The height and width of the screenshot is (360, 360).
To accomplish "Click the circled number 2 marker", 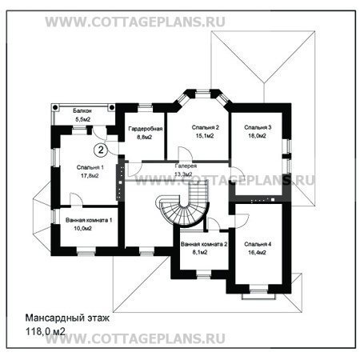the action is [x=101, y=150].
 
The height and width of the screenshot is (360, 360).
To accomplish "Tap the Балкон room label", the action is [x=82, y=110].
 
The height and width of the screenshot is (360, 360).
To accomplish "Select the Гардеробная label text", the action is [x=146, y=129].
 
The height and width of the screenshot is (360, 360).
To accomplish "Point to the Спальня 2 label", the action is [x=206, y=127].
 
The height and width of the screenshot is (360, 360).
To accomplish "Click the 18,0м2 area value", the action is [x=257, y=136].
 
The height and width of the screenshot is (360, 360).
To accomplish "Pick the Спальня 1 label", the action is [x=90, y=167].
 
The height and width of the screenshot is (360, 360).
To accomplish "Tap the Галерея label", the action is [x=186, y=166].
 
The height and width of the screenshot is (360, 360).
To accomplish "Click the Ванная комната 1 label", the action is [x=89, y=220].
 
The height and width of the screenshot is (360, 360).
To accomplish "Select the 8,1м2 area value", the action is [x=200, y=252].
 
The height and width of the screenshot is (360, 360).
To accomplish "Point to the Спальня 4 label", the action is [x=258, y=244].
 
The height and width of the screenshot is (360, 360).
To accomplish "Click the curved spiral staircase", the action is [x=182, y=210].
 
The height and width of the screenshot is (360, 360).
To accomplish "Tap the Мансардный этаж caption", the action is [x=67, y=318].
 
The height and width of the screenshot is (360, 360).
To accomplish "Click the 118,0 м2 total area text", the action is [x=45, y=331].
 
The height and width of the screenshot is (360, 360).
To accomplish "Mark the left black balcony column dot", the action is [x=55, y=107].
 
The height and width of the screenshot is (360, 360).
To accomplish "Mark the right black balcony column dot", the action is [x=112, y=107].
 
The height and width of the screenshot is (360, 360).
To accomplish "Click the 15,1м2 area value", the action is [x=205, y=136].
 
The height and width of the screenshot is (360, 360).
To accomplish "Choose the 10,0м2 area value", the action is [x=83, y=229].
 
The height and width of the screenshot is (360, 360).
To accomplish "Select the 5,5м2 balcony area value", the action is [x=83, y=119].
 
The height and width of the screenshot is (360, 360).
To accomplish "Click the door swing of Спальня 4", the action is [x=242, y=221].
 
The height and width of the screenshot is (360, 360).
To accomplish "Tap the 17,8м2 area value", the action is [x=90, y=176].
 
